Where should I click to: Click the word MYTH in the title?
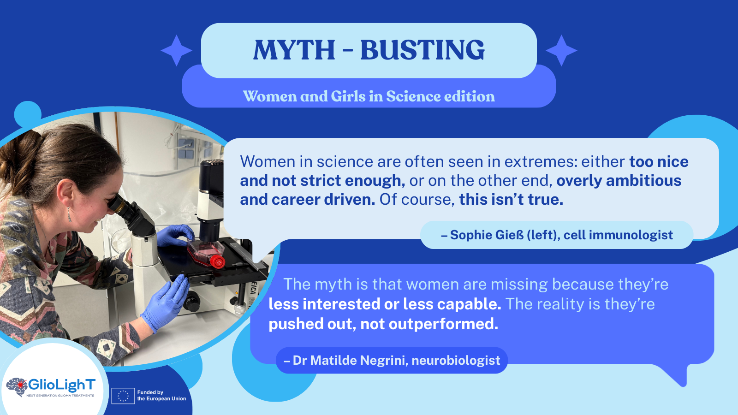[294, 50]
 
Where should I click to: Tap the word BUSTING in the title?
[423, 50]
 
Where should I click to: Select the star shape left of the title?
[177, 50]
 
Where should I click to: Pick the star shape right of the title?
[561, 50]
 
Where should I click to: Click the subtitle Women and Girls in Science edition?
[369, 96]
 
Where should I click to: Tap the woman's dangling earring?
[69, 214]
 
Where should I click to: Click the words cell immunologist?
[618, 235]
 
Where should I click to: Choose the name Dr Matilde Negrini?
[349, 360]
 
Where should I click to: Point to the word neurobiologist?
[456, 360]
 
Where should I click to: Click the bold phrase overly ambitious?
[619, 181]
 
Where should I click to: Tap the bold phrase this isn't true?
[512, 199]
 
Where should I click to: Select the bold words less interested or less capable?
[385, 304]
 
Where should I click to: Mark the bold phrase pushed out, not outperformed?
[383, 324]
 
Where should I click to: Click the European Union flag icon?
[123, 396]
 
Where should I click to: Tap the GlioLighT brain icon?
[17, 386]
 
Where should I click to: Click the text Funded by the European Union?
[161, 395]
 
